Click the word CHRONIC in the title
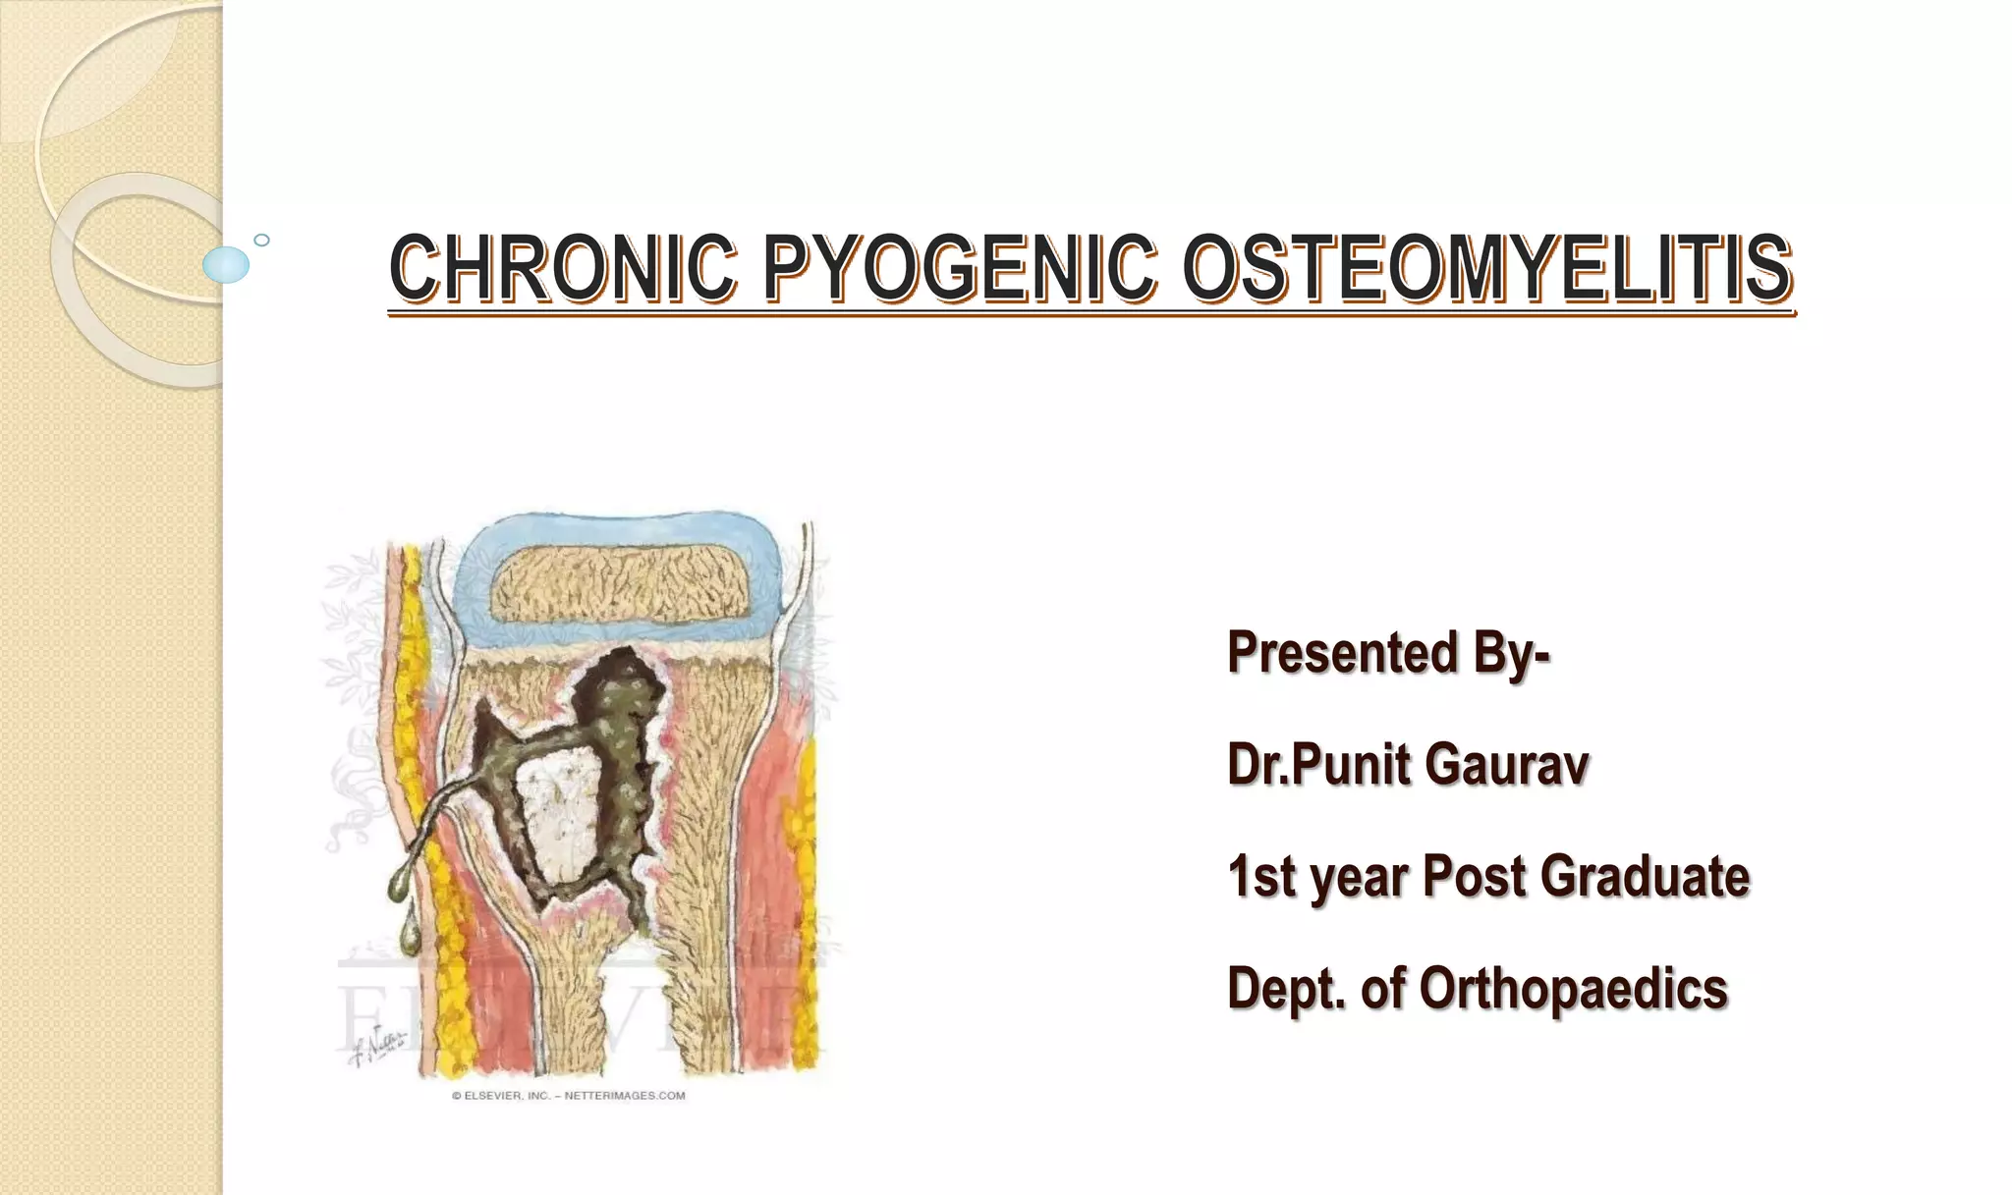coord(562,267)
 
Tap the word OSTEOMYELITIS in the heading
coord(1486,267)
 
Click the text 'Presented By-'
coord(1388,653)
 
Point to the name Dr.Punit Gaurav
coord(1407,765)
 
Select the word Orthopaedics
coord(1573,988)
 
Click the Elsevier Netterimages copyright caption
coord(568,1096)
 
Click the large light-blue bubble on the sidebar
coord(226,264)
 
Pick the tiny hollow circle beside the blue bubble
coord(261,241)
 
